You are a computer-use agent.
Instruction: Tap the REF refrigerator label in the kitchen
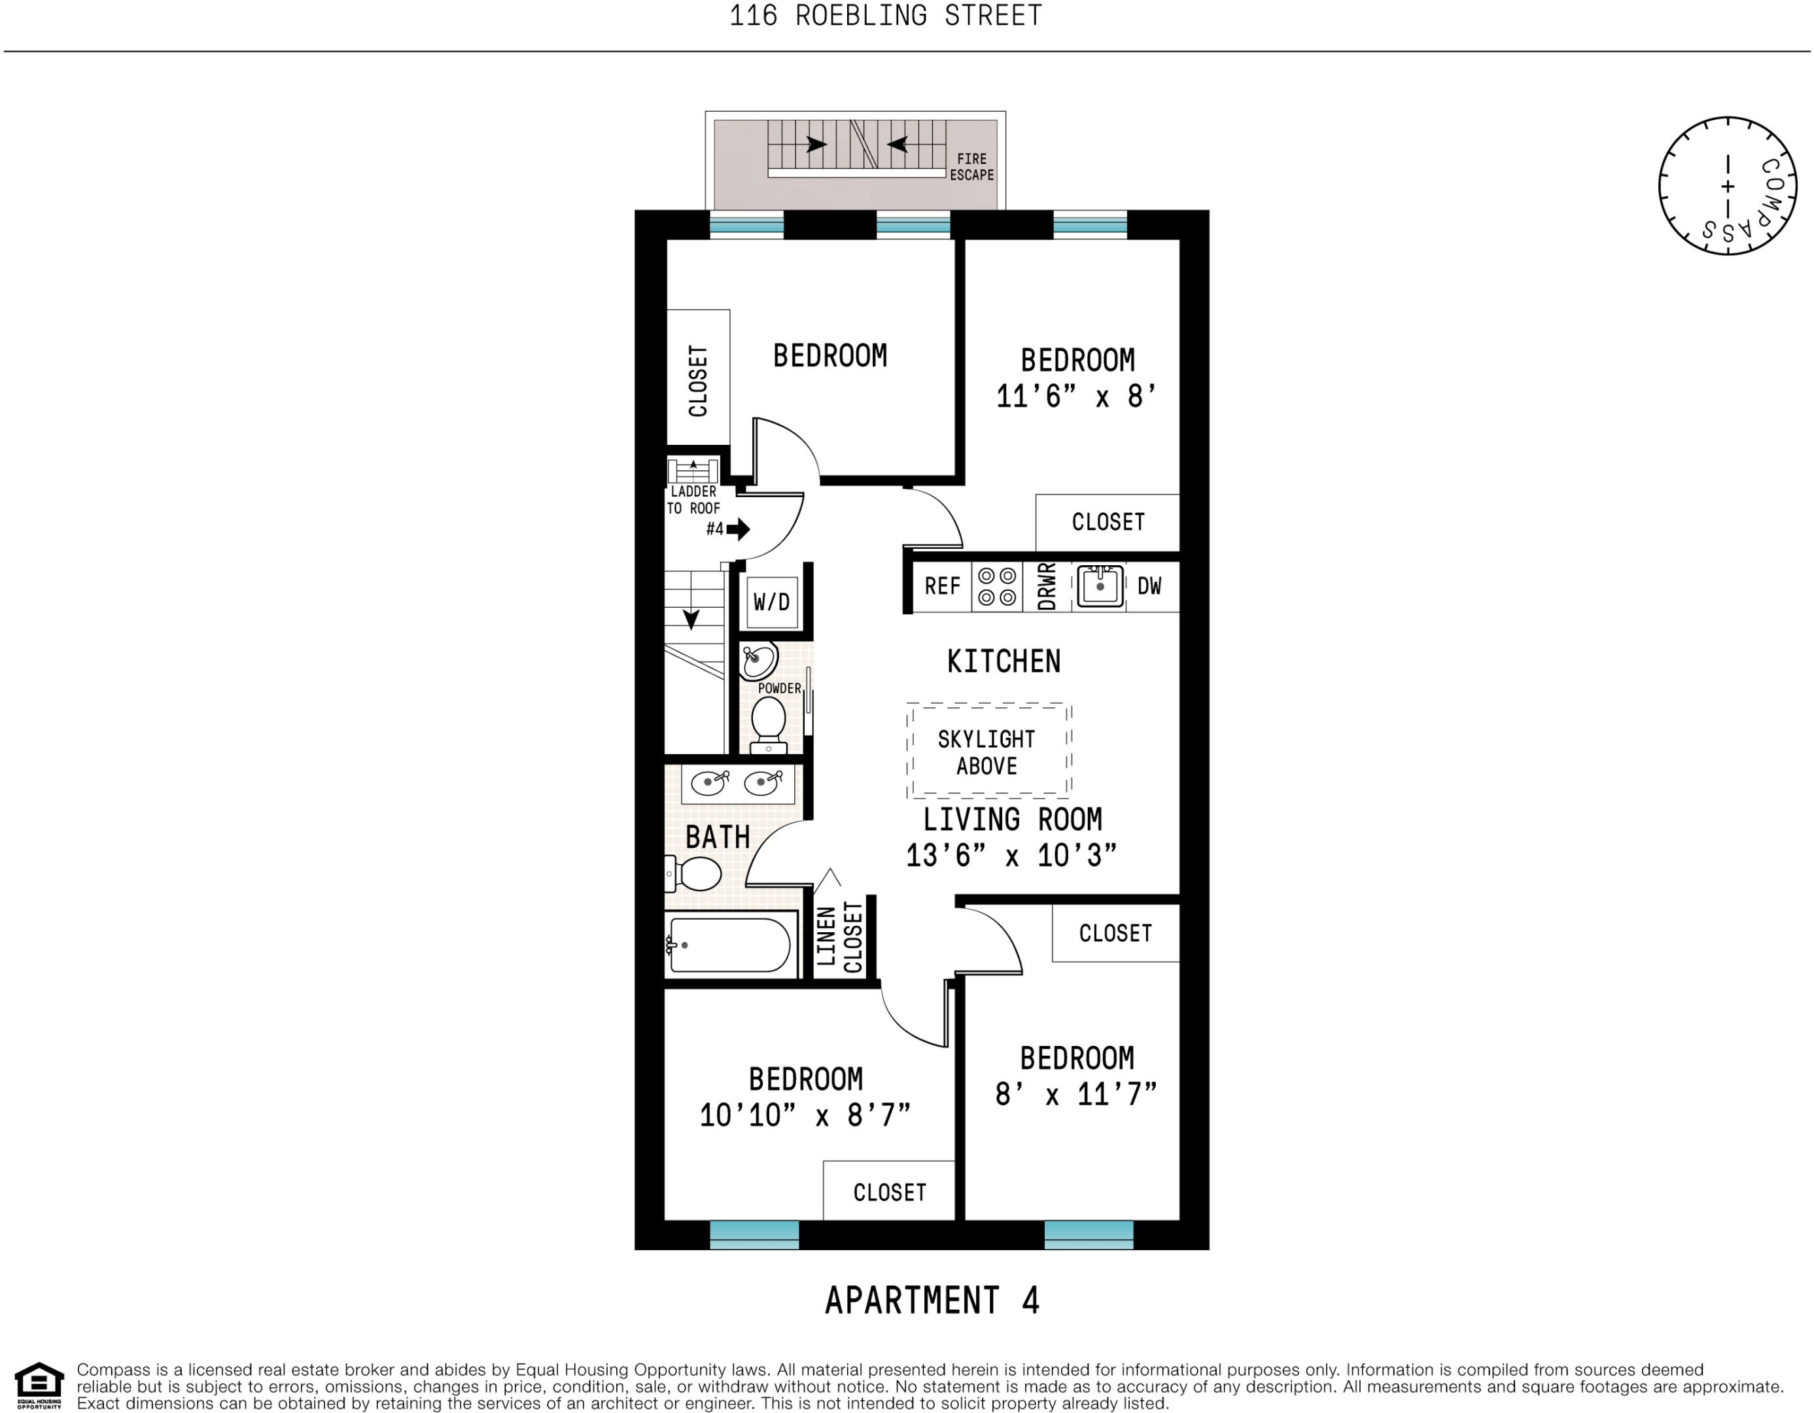coord(942,587)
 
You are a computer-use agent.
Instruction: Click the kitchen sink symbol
coord(1100,587)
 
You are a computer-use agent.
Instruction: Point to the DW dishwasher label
coord(1149,587)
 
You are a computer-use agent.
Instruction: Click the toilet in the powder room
coord(768,723)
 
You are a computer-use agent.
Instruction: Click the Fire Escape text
coord(972,167)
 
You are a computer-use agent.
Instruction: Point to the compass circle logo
coord(1728,186)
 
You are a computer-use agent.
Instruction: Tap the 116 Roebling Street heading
coord(885,16)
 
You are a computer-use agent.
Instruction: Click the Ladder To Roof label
coord(693,500)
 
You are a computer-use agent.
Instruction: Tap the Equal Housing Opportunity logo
coord(39,1386)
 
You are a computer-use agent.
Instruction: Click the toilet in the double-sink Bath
coord(696,874)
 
